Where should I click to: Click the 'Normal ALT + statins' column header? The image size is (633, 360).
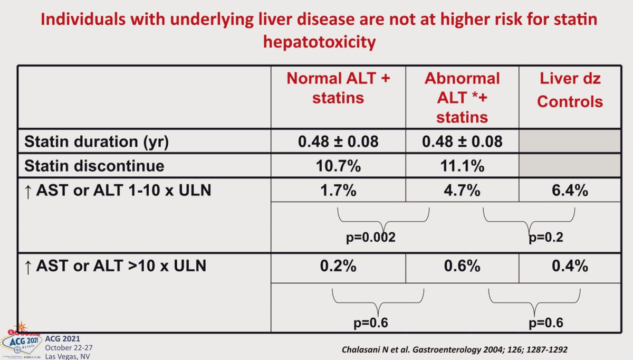coord(338,88)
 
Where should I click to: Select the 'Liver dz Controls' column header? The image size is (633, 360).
coord(570,90)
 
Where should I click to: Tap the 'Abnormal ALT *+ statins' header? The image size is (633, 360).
coord(462,98)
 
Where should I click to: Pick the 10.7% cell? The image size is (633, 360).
coord(338,166)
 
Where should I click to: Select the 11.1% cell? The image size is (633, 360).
coord(462,166)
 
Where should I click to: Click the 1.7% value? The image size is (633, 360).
coord(338,190)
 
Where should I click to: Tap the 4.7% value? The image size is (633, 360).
coord(462,190)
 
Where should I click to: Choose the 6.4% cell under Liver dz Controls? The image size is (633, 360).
coord(570,190)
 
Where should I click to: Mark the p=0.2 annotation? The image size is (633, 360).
coord(546,238)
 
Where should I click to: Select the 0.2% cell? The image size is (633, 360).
coord(338,267)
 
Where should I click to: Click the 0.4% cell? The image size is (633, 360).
coord(570,267)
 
